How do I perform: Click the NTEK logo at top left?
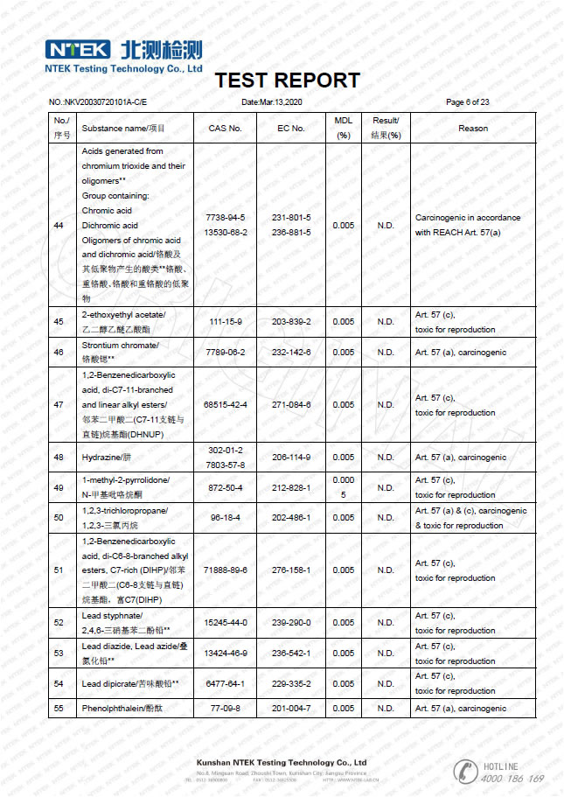click(x=78, y=49)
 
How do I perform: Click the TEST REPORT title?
click(x=287, y=80)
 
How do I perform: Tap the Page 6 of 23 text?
click(x=467, y=102)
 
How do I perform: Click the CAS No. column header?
click(x=225, y=129)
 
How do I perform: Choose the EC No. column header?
click(x=291, y=129)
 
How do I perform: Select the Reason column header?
click(x=473, y=129)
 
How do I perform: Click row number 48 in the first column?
click(x=59, y=458)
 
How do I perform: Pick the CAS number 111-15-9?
click(x=225, y=322)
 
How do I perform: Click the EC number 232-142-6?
click(x=291, y=353)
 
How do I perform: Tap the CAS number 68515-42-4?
click(x=225, y=405)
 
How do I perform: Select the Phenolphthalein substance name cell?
click(x=118, y=709)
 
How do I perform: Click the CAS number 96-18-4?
click(x=225, y=518)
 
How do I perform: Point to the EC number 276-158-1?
click(x=291, y=570)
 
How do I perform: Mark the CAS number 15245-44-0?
click(x=225, y=623)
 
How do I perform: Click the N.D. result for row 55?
click(x=386, y=709)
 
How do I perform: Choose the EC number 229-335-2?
click(x=291, y=683)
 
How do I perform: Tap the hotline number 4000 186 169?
click(x=512, y=779)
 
